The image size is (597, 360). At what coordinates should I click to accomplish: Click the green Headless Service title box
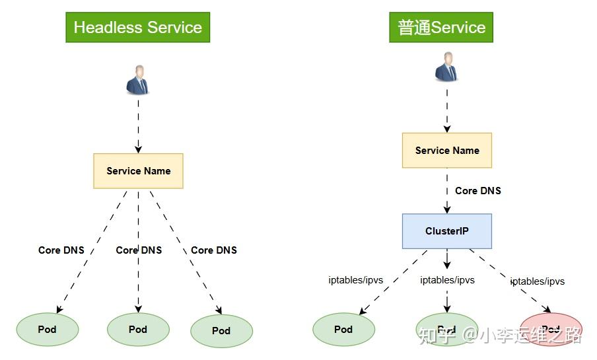137,28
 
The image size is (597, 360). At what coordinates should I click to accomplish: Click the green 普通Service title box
441,28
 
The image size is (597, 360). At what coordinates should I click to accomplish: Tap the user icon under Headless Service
138,79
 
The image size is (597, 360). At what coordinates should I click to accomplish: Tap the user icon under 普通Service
447,67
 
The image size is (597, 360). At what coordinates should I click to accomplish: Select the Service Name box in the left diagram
138,171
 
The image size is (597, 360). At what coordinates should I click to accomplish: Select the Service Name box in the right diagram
447,151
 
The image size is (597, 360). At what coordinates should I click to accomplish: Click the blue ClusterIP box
447,231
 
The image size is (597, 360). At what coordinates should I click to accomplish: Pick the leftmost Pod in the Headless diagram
47,329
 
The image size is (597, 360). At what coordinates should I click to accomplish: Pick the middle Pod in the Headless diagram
138,329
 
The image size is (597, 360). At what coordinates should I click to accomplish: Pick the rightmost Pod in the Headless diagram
221,331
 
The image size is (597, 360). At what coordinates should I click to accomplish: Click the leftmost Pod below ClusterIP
343,329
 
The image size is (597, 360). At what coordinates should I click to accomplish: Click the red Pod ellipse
551,329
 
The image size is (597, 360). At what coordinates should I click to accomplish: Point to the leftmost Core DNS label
61,250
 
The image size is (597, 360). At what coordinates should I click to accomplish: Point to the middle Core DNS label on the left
139,250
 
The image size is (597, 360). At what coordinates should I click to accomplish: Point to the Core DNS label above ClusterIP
478,191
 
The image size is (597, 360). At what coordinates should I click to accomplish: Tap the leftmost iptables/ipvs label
356,280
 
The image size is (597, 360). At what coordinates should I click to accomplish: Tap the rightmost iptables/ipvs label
538,281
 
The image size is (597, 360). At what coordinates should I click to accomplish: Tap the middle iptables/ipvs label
447,280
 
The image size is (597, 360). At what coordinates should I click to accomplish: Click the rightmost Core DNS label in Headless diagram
214,250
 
